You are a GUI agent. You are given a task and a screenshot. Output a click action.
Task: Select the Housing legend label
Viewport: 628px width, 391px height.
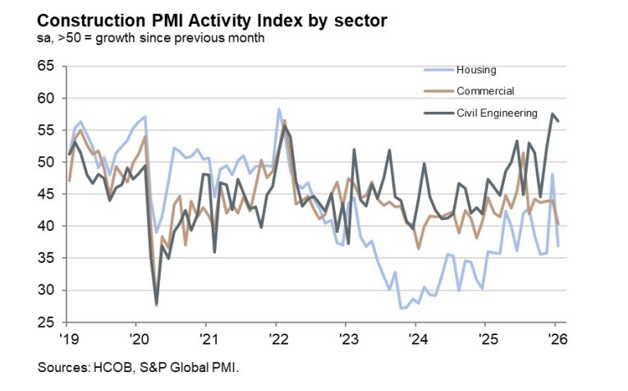coord(479,71)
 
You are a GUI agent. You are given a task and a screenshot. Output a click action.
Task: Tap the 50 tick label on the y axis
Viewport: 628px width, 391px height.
coord(48,163)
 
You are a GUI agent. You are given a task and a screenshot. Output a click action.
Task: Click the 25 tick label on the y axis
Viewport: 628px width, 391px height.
coord(48,322)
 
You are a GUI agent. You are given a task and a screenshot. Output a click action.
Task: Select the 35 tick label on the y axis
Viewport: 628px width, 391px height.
coord(48,258)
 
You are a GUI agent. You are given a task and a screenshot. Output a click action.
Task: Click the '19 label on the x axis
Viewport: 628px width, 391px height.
coord(69,338)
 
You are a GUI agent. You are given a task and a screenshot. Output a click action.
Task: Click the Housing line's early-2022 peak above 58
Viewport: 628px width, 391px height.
coord(278,108)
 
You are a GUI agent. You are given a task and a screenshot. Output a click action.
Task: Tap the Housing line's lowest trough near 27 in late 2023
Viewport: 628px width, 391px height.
coord(401,308)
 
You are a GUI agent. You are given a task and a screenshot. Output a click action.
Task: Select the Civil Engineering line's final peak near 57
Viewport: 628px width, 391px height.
coord(552,114)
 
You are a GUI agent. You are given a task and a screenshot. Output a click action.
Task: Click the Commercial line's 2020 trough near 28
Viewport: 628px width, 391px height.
coord(156,305)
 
